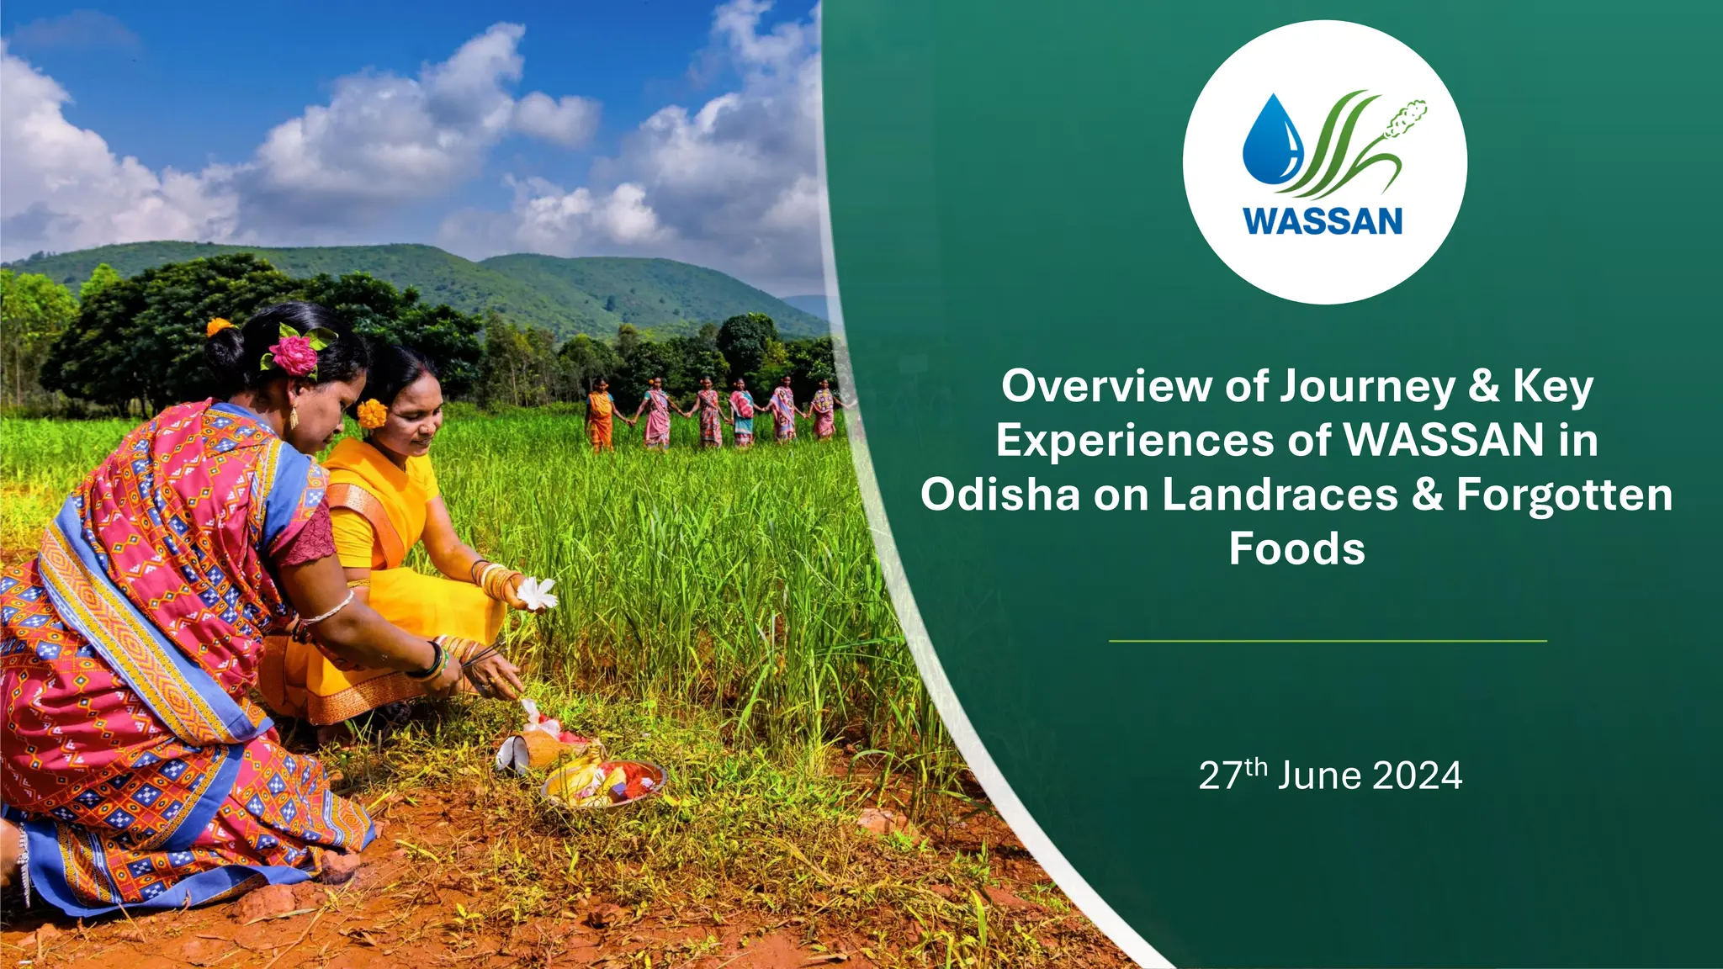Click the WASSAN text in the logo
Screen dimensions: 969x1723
[x=1323, y=221]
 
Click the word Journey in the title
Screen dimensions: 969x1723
[x=1367, y=387]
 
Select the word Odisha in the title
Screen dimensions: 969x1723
[x=999, y=495]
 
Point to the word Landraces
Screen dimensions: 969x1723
[x=1279, y=495]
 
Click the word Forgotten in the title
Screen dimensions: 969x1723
[x=1564, y=495]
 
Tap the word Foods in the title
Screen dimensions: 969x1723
[x=1296, y=549]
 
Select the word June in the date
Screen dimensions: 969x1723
[x=1319, y=776]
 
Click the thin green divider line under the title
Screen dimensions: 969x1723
[x=1328, y=641]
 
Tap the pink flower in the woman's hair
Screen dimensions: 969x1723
[x=294, y=354]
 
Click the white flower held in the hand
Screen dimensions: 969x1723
[x=537, y=594]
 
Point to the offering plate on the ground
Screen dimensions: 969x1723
[x=604, y=782]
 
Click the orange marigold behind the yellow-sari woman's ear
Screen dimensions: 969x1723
[x=371, y=413]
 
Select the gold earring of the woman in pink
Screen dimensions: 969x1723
[x=294, y=417]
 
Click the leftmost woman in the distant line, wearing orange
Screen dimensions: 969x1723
[x=600, y=416]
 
